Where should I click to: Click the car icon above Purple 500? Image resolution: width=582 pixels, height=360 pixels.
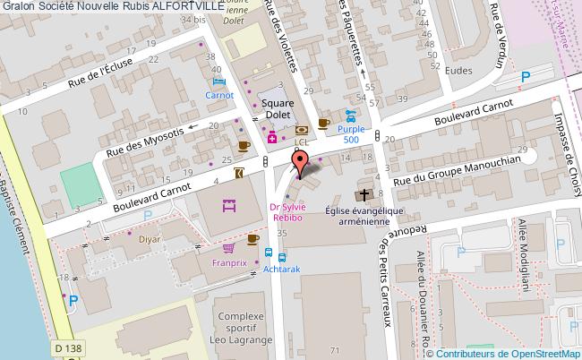(x=352, y=116)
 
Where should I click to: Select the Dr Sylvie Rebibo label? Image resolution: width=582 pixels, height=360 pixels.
(x=288, y=214)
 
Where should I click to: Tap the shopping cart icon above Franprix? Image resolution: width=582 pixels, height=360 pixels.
(x=229, y=248)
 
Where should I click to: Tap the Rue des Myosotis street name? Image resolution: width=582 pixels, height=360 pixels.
(x=146, y=141)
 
